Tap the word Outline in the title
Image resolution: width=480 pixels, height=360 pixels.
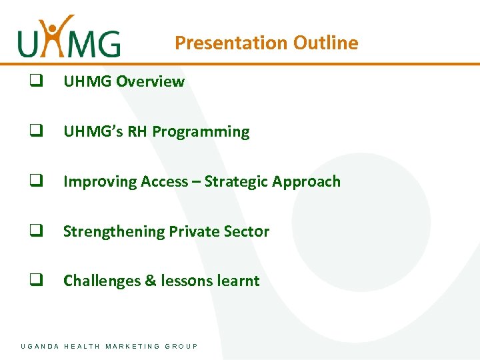(326, 43)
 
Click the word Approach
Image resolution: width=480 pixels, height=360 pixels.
(307, 182)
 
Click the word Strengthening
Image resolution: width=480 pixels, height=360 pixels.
(114, 232)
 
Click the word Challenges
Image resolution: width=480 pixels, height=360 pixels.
(102, 281)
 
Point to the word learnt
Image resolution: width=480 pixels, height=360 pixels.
(238, 281)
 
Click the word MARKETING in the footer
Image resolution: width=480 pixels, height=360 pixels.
(133, 346)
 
